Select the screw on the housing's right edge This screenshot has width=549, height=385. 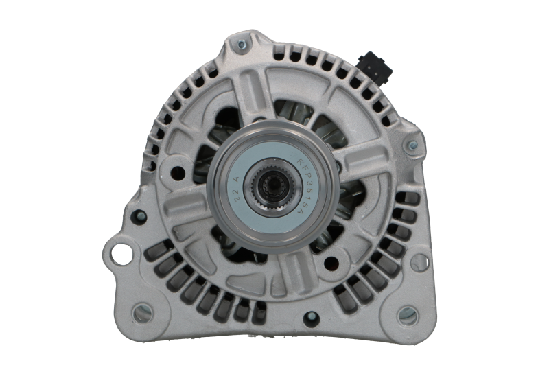pos(412,146)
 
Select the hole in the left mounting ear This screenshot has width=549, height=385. pos(121,251)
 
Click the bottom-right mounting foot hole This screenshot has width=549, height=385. pos(407,316)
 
